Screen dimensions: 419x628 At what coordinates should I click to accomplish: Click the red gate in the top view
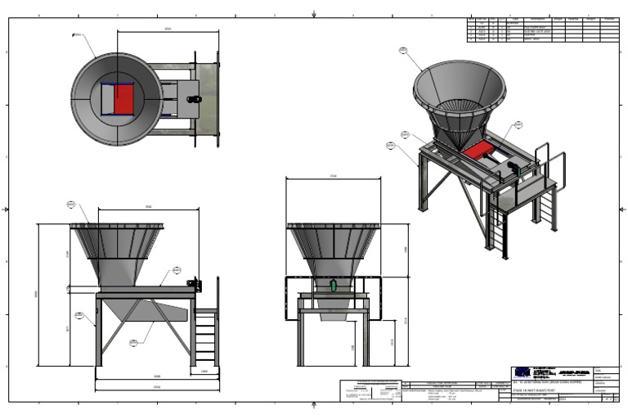pos(122,99)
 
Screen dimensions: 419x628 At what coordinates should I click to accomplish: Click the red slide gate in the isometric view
pos(477,151)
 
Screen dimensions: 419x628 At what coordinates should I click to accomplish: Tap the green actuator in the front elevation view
pos(333,286)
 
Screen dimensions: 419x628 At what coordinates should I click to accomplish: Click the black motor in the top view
pos(195,99)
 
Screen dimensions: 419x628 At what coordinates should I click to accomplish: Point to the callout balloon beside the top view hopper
pos(76,35)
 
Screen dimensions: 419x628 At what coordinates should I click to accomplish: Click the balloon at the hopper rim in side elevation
pos(70,204)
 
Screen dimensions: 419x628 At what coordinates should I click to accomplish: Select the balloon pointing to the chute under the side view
pos(133,343)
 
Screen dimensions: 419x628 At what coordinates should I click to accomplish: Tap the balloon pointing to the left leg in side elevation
pos(78,315)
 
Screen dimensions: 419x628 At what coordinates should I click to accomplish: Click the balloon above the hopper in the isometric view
pos(403,50)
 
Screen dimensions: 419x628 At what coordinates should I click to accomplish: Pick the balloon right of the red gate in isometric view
pos(518,125)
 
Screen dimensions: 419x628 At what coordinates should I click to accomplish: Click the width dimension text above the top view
pos(168,29)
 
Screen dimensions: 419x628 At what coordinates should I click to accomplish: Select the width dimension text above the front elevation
pos(333,176)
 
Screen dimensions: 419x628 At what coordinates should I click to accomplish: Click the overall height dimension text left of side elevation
pos(35,295)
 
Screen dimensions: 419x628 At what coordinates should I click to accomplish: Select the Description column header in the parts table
pos(537,18)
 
